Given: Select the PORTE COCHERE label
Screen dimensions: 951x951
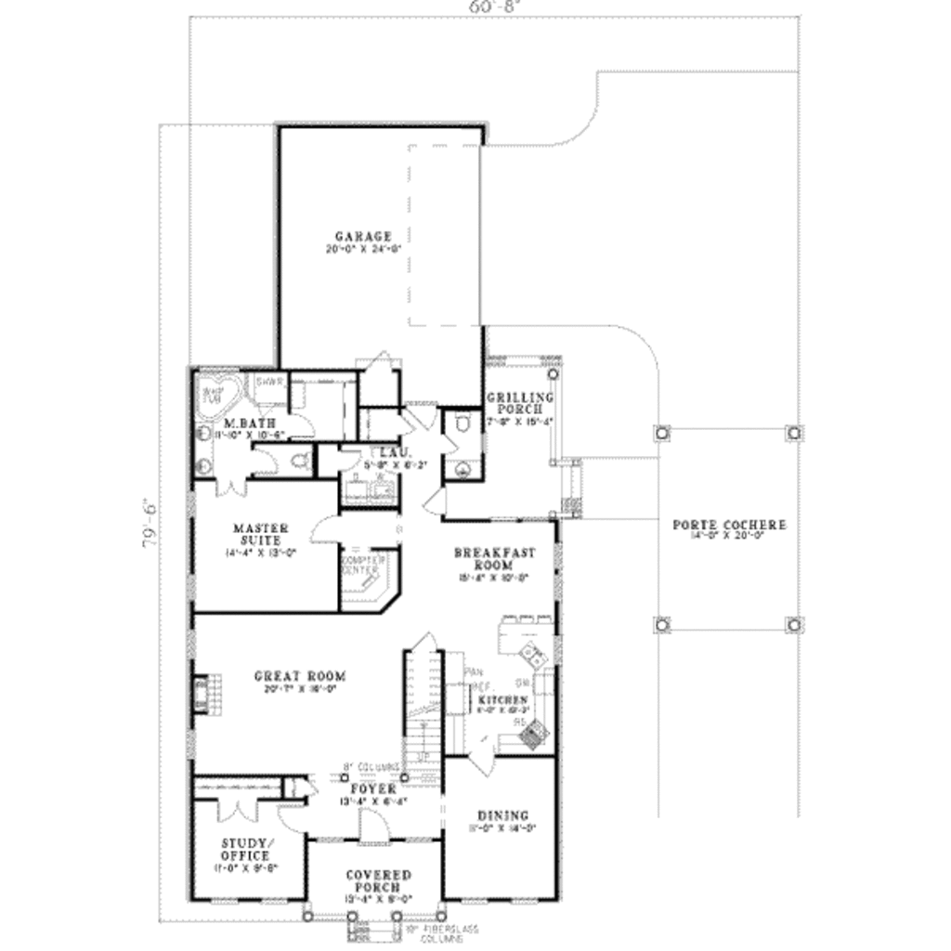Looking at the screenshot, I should (729, 525).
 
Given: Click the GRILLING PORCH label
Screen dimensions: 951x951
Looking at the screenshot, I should (520, 403).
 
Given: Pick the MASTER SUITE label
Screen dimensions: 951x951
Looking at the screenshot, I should (260, 534).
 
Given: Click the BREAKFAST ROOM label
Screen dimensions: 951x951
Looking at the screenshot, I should (494, 558).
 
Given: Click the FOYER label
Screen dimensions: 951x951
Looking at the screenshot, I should (374, 788).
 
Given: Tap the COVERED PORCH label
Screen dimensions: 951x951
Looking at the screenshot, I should (378, 881).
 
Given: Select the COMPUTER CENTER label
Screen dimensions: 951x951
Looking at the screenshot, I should (362, 566).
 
